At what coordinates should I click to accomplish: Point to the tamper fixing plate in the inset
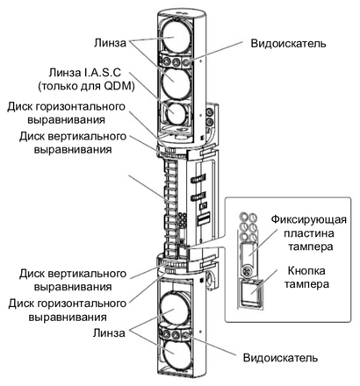(x=249, y=254)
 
